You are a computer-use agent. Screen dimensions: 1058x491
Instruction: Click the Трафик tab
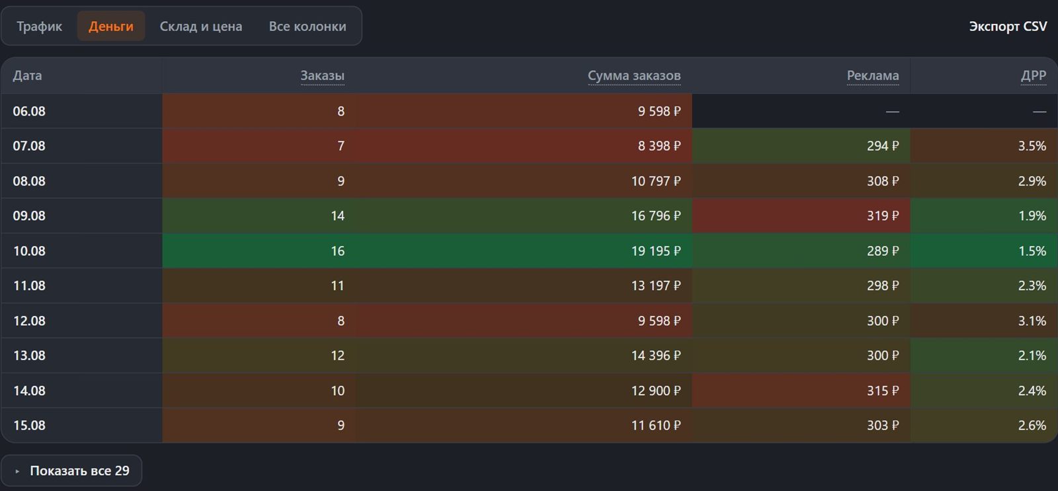[x=39, y=26]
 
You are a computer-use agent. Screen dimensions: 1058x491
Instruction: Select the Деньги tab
[x=111, y=26]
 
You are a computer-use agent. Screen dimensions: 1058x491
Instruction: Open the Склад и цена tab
[x=201, y=26]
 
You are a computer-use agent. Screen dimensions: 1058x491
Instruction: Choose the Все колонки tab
[x=307, y=26]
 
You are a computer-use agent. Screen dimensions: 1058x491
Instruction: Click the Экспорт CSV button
[x=1008, y=26]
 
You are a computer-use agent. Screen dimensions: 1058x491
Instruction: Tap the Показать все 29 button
[x=71, y=471]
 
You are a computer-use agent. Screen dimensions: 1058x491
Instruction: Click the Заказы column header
[x=323, y=75]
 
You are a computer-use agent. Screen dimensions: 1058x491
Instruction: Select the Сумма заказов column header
[x=634, y=75]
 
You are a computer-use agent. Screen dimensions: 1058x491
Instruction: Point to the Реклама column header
[x=873, y=75]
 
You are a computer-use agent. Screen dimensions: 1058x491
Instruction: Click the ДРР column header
[x=1034, y=75]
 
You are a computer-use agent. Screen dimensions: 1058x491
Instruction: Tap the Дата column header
[x=27, y=75]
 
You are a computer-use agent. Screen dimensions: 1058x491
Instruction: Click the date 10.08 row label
[x=29, y=250]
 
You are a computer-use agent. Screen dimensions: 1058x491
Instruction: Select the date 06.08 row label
[x=29, y=111]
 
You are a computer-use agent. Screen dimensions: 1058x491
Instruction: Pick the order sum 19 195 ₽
[x=656, y=250]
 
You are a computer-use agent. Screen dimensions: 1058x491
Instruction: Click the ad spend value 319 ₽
[x=883, y=215]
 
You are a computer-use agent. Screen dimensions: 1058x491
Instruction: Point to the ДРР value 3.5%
[x=1032, y=146]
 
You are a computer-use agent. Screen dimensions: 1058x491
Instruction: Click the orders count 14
[x=337, y=215]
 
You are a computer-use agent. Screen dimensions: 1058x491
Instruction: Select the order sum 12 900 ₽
[x=656, y=391]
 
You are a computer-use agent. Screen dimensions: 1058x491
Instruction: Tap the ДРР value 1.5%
[x=1032, y=250]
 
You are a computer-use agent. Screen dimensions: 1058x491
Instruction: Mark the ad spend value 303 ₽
[x=883, y=426]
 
